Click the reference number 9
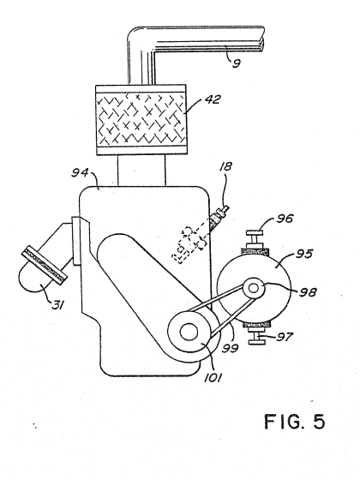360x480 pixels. (x=237, y=63)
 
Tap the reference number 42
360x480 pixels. (x=213, y=99)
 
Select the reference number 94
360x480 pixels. (x=80, y=172)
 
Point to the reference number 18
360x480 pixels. (x=226, y=166)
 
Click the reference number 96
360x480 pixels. (x=285, y=219)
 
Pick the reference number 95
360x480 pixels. (x=303, y=254)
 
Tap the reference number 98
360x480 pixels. (x=308, y=292)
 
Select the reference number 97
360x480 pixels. (x=285, y=337)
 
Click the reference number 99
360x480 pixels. (x=230, y=348)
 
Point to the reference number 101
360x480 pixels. (x=213, y=377)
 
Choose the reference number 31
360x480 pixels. (x=57, y=304)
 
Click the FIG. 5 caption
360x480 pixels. (x=295, y=422)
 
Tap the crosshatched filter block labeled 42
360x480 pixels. (x=141, y=120)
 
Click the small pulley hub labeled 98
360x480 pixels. (x=253, y=288)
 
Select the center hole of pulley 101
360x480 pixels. (x=189, y=332)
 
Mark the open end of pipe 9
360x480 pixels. (x=262, y=39)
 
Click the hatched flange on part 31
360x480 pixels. (x=45, y=263)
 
